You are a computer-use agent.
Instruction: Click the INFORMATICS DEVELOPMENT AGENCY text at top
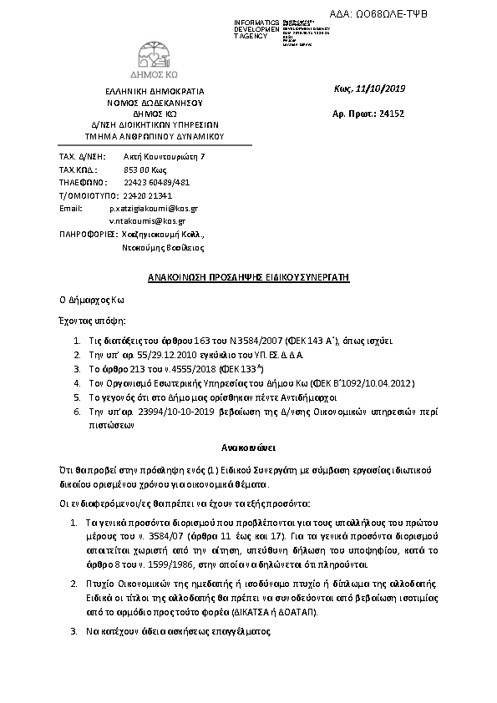pos(257,28)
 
